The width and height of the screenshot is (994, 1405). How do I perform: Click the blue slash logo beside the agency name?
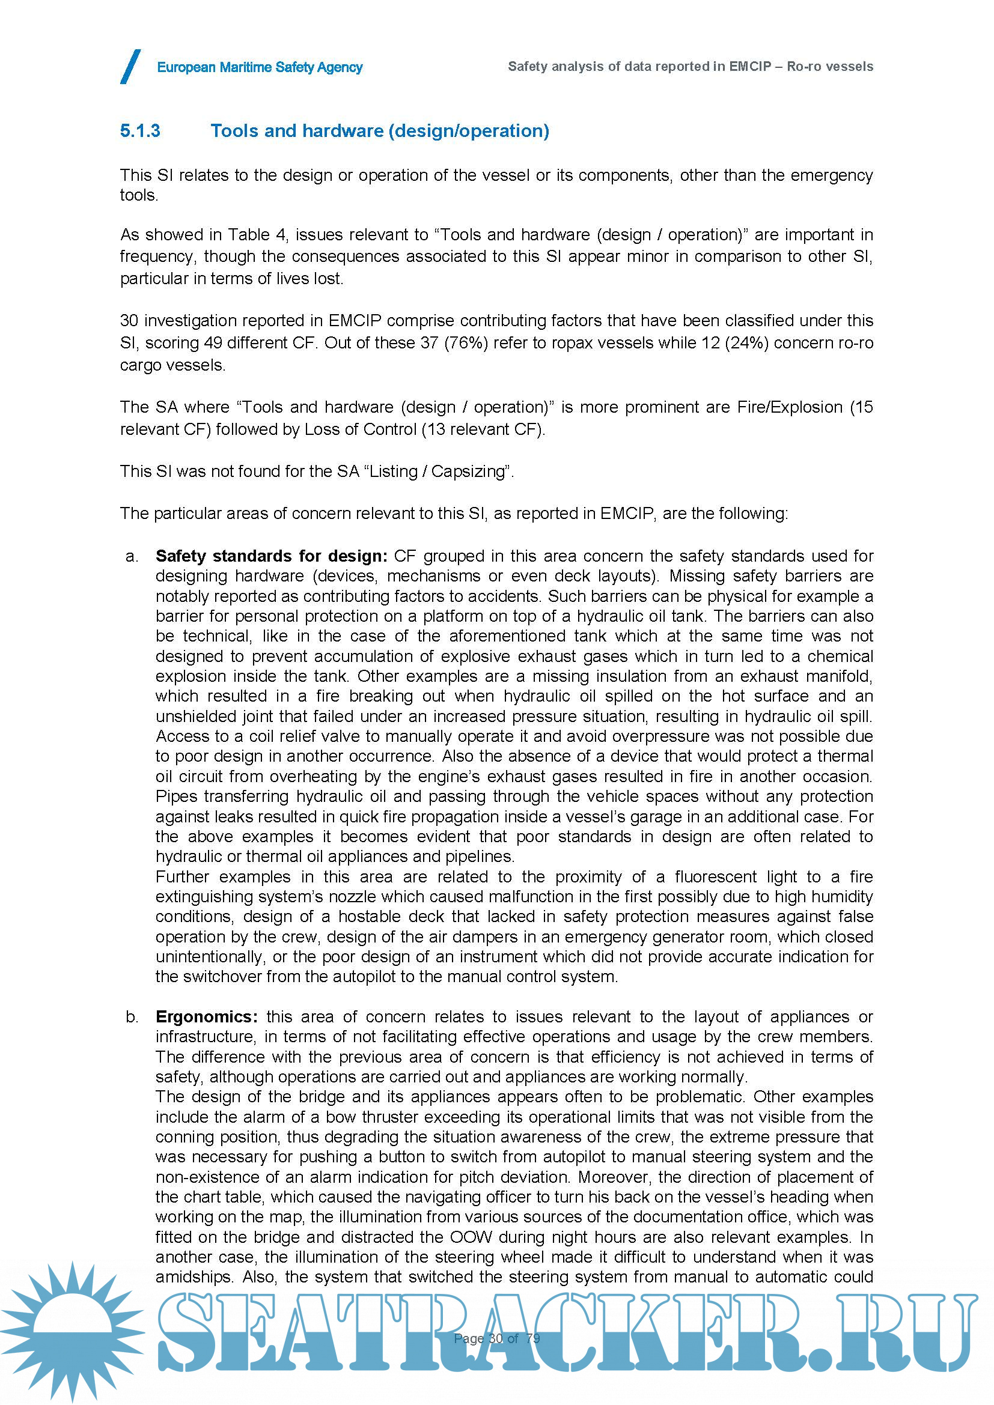(130, 67)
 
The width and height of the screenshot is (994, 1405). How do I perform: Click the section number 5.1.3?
(140, 131)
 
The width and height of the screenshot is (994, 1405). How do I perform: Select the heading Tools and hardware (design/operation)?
(379, 131)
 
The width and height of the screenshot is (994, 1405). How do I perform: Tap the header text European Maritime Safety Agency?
(260, 67)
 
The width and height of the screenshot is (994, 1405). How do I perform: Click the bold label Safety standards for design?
(271, 556)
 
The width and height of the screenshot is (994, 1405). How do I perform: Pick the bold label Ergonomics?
(206, 1016)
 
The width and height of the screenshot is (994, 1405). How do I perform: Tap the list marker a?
(132, 556)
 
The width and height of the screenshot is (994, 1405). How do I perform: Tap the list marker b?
(132, 1016)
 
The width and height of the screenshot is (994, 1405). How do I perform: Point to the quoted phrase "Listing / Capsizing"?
(437, 471)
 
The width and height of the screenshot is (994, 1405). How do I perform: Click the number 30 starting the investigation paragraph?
(129, 321)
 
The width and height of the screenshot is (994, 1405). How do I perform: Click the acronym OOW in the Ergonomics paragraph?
(470, 1237)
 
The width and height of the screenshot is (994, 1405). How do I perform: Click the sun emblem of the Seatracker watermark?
(72, 1331)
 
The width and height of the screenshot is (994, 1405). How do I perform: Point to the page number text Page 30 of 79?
(497, 1338)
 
